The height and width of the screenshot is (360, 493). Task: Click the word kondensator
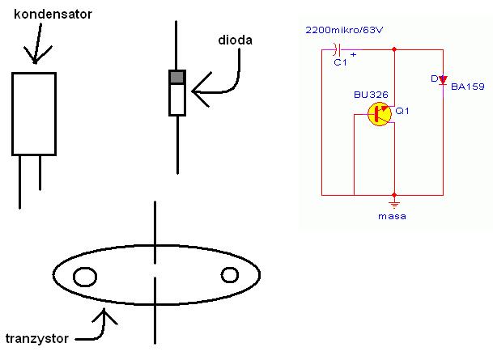click(53, 14)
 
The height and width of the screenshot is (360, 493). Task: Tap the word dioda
click(236, 40)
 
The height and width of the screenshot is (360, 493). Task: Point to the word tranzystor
click(37, 339)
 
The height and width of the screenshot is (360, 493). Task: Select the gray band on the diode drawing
click(177, 77)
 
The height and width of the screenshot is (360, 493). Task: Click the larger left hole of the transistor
click(85, 277)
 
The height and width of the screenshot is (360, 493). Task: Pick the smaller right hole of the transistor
click(230, 275)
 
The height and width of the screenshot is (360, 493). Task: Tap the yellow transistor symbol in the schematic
click(380, 114)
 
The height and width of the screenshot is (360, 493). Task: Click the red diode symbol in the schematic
click(443, 80)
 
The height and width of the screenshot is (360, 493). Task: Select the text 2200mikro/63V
click(344, 30)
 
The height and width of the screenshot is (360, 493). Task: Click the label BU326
click(371, 95)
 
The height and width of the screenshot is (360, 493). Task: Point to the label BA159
click(468, 87)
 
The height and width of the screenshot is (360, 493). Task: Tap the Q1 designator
click(402, 111)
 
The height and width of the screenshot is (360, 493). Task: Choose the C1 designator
click(340, 62)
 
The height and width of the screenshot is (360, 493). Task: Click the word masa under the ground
click(392, 216)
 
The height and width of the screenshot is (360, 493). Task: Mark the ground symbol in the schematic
click(394, 205)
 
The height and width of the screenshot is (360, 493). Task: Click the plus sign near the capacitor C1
click(354, 55)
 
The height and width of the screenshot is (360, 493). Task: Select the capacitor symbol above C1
click(338, 49)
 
